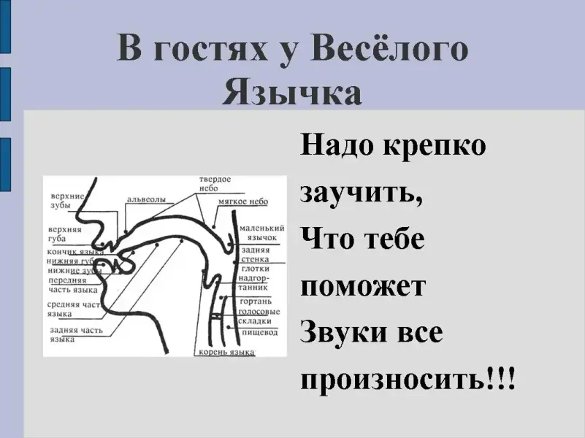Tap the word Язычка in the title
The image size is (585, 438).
pos(292,93)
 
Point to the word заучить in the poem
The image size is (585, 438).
pos(360,193)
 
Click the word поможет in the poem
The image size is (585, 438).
pos(363,286)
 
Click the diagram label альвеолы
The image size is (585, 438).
pos(146,198)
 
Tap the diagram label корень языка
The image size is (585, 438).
pos(226,353)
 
